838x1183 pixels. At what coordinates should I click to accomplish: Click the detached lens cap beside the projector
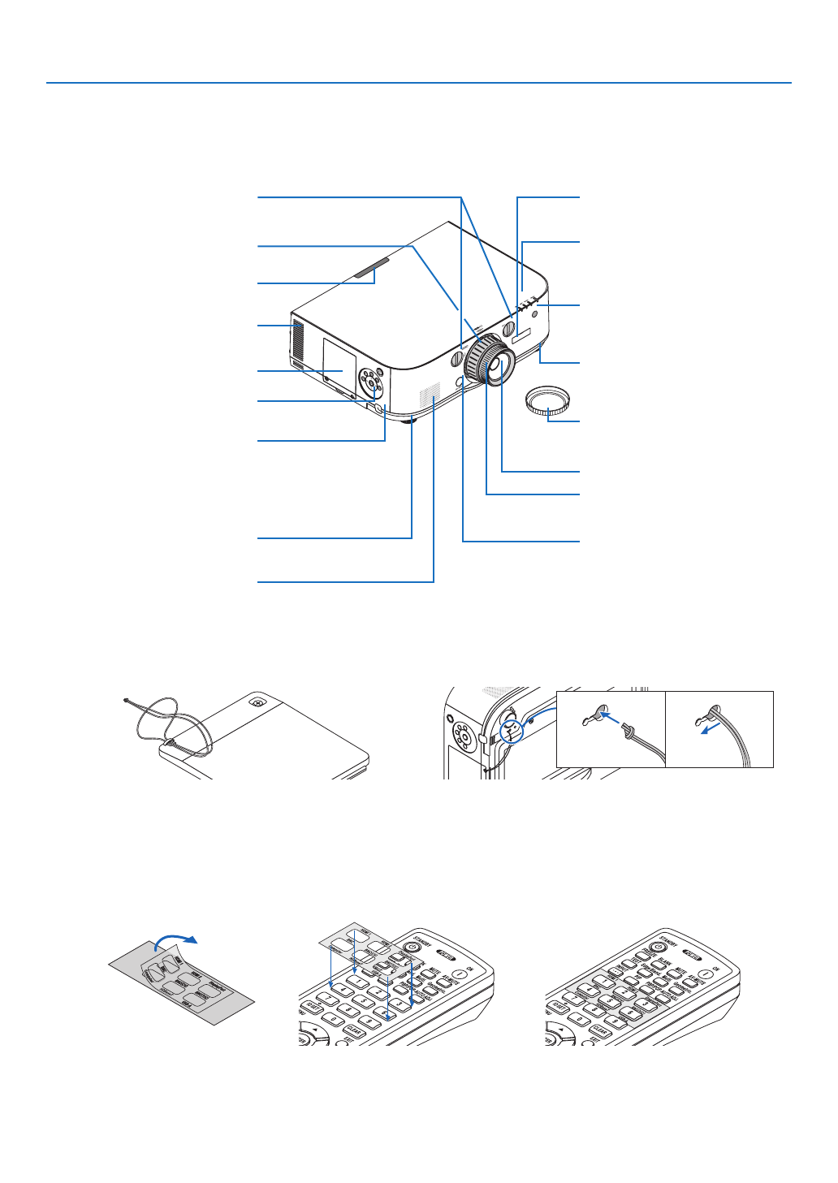coord(548,400)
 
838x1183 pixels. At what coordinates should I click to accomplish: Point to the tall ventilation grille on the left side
coord(296,341)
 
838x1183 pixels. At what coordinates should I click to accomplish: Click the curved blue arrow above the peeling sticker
coord(176,939)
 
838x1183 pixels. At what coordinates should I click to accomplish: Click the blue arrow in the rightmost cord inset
coord(711,727)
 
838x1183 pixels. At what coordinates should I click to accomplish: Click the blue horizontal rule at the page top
coord(418,83)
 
